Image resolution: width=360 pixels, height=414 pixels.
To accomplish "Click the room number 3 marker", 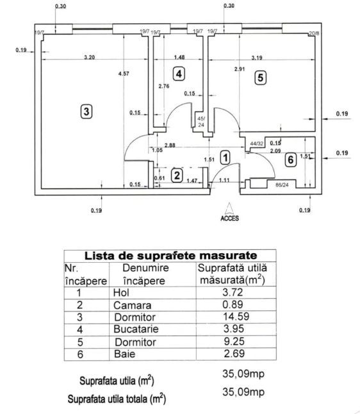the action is point(86,112).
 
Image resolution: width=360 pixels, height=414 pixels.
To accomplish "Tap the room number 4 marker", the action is point(179,74).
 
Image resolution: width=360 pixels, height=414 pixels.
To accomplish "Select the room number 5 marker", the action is point(260,78).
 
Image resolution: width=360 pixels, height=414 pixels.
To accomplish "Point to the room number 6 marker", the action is point(291,160).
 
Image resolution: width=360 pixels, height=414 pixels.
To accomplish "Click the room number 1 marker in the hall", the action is point(225,158).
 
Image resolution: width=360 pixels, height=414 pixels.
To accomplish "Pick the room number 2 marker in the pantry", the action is point(177,176).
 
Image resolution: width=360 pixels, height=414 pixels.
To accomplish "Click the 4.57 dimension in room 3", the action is point(124,74).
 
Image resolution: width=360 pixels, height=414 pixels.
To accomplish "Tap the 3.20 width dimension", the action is point(89,57).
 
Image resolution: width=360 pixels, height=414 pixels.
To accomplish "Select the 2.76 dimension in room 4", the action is point(163,86).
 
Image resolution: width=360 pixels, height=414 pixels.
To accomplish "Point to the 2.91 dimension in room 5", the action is point(240,69).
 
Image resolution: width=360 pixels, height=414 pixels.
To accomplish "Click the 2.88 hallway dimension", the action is point(170,145).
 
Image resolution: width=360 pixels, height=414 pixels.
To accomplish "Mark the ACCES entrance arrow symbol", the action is point(229,208).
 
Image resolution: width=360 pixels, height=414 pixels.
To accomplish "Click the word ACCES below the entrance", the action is point(229,218).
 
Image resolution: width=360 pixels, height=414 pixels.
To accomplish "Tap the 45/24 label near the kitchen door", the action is point(201,122).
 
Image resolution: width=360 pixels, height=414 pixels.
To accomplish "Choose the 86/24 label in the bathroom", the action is point(282,185).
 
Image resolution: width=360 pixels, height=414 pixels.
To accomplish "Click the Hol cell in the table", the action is point(121,292).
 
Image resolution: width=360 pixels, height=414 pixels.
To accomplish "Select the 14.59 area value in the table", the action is point(236,317).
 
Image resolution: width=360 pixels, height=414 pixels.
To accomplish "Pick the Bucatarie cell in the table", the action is point(136,329).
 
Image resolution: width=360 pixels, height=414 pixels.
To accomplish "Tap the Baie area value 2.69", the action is point(234,353).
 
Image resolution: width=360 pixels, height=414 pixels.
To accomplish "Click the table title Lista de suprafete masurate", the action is point(170,256).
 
